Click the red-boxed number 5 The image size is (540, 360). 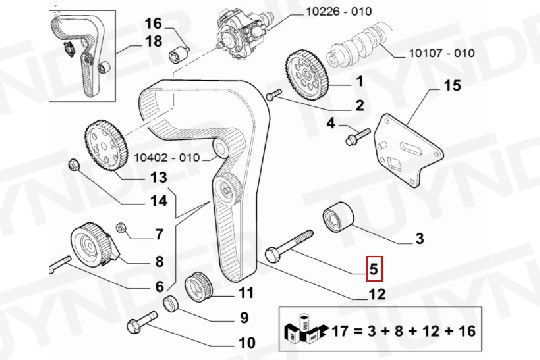click(374, 268)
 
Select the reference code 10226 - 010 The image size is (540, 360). click(339, 11)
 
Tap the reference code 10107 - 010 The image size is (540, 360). click(442, 53)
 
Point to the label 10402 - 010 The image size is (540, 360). click(167, 157)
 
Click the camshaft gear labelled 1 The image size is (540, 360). click(307, 75)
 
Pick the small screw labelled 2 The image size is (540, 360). click(274, 94)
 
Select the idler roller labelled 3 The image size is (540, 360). click(338, 217)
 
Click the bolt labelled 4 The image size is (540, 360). click(357, 136)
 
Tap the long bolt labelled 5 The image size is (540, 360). click(289, 246)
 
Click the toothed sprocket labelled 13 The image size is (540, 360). click(105, 145)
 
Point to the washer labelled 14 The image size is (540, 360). click(74, 165)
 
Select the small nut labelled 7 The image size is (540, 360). click(121, 227)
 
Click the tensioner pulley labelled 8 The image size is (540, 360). click(93, 246)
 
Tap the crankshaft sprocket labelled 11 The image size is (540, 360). click(199, 287)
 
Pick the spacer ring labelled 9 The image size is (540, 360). click(171, 303)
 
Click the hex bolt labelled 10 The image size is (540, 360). click(142, 322)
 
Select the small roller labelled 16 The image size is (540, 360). click(179, 54)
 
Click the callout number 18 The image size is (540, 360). click(154, 41)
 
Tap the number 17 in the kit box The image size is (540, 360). click(341, 331)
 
